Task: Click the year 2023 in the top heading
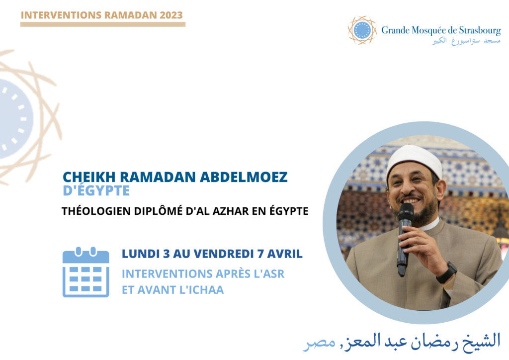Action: (171, 15)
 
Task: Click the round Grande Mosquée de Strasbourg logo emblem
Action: (362, 30)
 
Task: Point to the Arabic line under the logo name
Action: (466, 41)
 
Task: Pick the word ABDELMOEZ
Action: (244, 177)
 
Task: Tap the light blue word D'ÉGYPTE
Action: (96, 190)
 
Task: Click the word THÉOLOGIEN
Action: (96, 211)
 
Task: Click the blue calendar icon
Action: (85, 272)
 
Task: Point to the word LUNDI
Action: (141, 254)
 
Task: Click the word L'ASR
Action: (269, 274)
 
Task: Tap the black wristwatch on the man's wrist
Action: (447, 272)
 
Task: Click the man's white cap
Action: (414, 160)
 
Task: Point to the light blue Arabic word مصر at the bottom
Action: (320, 343)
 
